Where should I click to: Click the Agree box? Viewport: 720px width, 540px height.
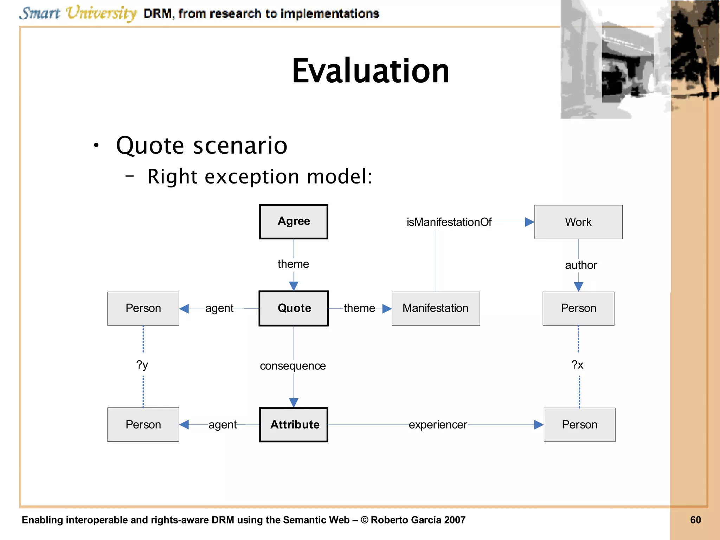click(294, 221)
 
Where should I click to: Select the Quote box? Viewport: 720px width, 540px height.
click(294, 308)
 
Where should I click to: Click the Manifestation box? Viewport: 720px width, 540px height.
click(436, 308)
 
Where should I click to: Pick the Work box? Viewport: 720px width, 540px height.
click(578, 222)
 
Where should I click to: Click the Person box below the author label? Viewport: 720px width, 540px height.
click(578, 308)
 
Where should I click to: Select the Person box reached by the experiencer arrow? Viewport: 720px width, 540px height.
click(579, 425)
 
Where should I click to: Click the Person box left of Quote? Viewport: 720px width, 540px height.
click(143, 308)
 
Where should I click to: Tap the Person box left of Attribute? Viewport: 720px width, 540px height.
click(143, 425)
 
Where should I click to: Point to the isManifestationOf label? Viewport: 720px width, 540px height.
click(449, 222)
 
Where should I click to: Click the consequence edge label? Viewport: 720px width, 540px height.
click(293, 366)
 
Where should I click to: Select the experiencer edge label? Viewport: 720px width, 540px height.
click(438, 425)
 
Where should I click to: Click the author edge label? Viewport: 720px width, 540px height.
click(581, 265)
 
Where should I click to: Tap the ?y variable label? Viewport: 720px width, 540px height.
click(142, 365)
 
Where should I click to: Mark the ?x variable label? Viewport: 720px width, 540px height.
click(577, 365)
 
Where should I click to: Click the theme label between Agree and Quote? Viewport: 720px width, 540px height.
click(293, 264)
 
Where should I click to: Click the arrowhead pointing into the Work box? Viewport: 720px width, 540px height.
click(529, 222)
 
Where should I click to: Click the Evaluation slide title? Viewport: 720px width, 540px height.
click(371, 71)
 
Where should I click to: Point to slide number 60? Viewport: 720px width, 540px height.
click(695, 520)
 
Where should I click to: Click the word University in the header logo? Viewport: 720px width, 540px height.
click(101, 13)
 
